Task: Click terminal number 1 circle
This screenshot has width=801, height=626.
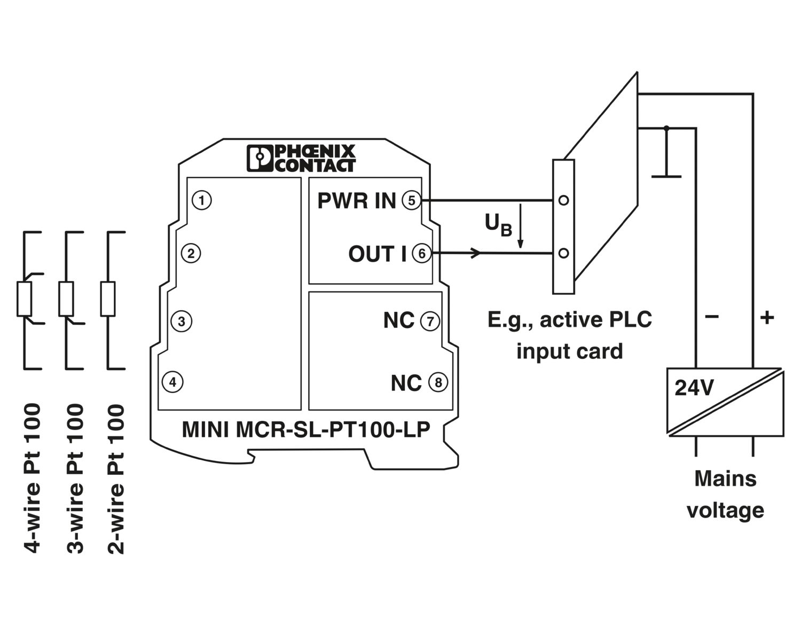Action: pos(201,200)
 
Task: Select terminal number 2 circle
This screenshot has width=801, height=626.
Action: pos(191,253)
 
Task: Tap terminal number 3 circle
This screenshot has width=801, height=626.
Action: pos(182,322)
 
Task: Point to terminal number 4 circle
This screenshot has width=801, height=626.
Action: pos(172,382)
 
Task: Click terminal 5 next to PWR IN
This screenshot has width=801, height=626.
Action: pos(412,200)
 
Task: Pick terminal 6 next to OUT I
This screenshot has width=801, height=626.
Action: pos(422,253)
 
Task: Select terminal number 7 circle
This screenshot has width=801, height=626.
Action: pos(430,322)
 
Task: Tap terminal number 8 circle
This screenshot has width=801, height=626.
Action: pos(438,382)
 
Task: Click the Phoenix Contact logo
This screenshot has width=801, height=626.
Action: pos(301,158)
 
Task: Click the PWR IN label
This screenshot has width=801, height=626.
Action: pos(356,201)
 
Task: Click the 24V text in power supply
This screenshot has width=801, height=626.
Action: pos(694,388)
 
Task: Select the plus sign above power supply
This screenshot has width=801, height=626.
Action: pos(767,318)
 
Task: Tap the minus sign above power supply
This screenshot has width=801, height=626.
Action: pos(712,317)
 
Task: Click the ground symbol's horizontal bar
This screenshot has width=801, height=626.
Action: pos(666,176)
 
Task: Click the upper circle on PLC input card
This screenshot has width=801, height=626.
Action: pos(563,200)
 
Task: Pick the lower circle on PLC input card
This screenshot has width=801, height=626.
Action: pos(563,253)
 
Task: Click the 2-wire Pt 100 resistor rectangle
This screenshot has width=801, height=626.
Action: pos(108,299)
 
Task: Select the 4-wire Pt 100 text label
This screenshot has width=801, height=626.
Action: pos(32,478)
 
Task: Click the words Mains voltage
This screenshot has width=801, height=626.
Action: pos(725,494)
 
